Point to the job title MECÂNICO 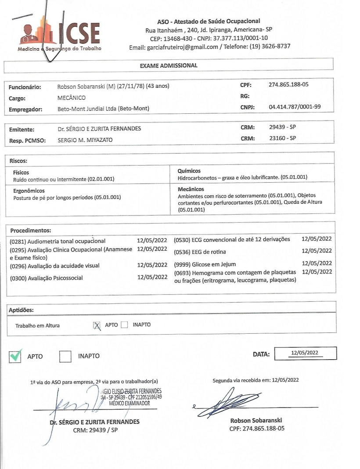click(71, 97)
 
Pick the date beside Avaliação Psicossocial click(152, 277)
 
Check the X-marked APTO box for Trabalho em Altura click(97, 325)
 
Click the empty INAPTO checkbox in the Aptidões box click(124, 325)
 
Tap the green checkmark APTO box click(15, 356)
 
